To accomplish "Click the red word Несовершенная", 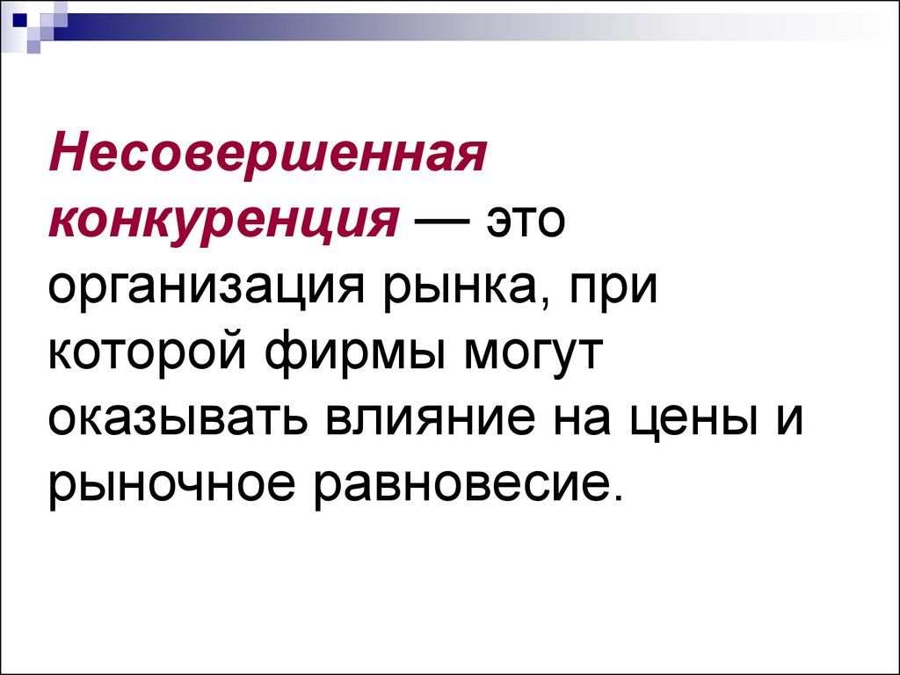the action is pyautogui.click(x=268, y=156).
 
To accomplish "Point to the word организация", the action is pyautogui.click(x=207, y=288).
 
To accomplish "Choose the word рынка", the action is pyautogui.click(x=461, y=288).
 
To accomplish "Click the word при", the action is pyautogui.click(x=613, y=288).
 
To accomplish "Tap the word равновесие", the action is pyautogui.click(x=456, y=484).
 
